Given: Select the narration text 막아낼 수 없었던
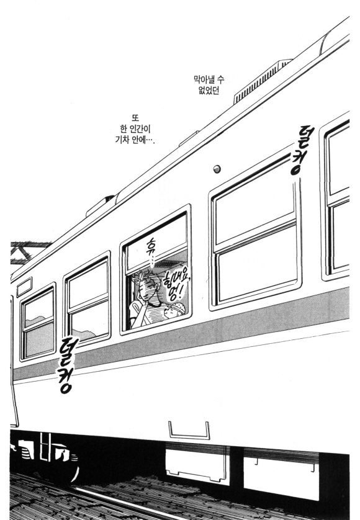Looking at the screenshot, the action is point(209,85).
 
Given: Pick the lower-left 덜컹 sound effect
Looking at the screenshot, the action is point(68,365).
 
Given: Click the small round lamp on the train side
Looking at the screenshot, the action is point(217,169).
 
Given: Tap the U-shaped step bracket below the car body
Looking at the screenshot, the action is point(189,431).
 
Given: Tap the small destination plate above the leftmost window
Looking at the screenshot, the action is point(24,287).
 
